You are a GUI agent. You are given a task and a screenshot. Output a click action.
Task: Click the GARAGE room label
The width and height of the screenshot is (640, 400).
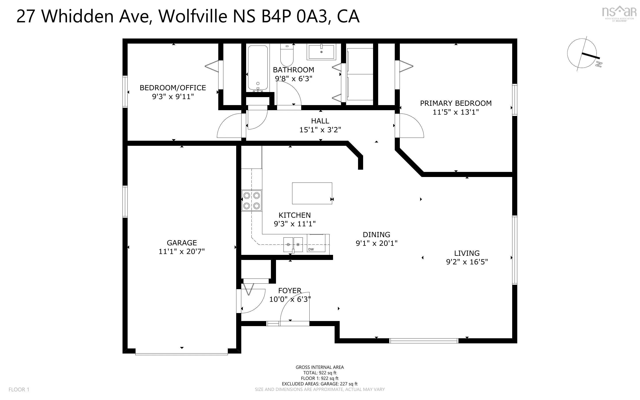[182, 243]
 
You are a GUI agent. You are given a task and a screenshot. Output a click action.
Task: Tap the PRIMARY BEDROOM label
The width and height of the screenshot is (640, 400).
[456, 103]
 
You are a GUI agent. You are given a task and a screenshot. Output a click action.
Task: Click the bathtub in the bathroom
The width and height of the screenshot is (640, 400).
[258, 68]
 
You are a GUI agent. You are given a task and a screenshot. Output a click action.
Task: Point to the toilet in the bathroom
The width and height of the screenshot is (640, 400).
[287, 56]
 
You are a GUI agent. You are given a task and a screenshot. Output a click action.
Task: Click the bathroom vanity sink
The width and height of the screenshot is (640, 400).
[321, 52]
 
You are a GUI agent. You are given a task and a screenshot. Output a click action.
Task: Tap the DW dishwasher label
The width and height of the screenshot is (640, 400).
[311, 249]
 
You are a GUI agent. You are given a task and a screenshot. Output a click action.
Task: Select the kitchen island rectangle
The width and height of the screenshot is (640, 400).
[312, 193]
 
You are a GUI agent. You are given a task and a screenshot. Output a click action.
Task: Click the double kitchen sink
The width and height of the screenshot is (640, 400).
[293, 245]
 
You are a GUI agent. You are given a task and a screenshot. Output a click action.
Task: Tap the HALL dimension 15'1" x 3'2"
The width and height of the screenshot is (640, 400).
[320, 130]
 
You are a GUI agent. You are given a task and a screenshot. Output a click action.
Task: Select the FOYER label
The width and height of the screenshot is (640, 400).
[290, 290]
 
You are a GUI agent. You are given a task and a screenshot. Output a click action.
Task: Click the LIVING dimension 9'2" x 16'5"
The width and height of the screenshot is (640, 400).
[467, 262]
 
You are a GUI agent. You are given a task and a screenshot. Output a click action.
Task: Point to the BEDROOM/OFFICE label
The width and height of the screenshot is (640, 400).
[173, 88]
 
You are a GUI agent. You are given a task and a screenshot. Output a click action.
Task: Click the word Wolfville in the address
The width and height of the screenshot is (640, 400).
[193, 16]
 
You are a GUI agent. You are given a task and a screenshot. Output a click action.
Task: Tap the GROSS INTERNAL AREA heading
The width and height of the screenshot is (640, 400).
[320, 367]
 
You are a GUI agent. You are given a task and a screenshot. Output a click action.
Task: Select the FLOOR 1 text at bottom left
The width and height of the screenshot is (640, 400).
[19, 389]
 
